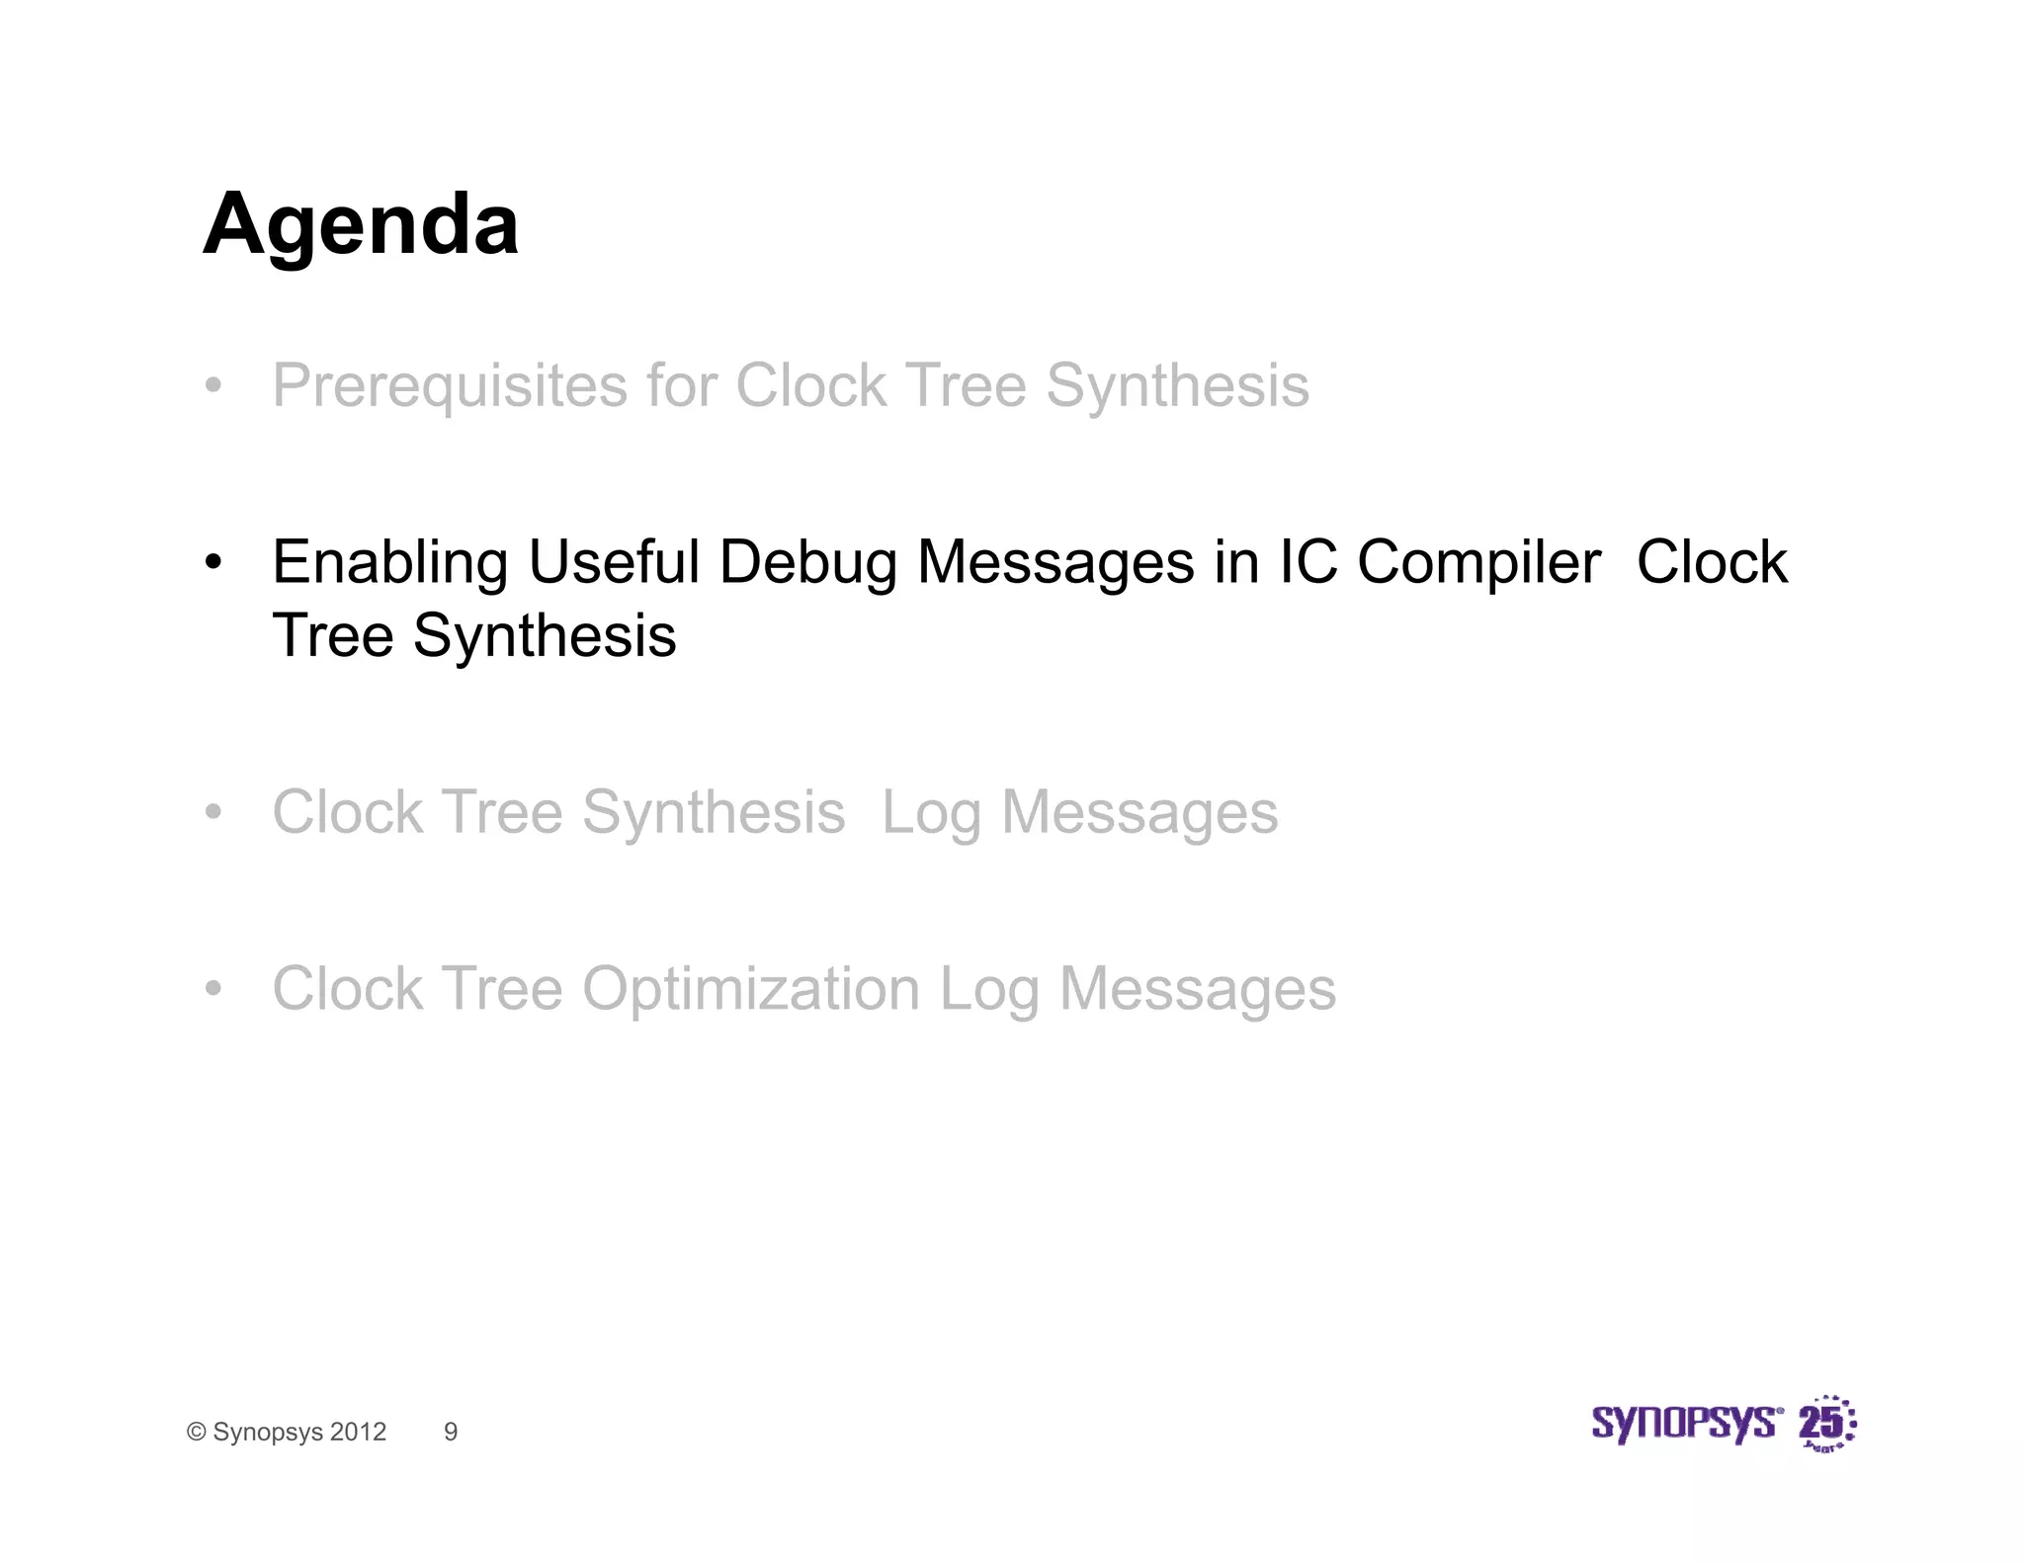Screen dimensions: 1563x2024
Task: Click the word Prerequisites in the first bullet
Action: click(x=450, y=386)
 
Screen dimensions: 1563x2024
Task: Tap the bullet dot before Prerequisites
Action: click(x=213, y=386)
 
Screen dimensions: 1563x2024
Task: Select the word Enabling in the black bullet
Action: click(x=389, y=563)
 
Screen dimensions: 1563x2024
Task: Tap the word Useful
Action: click(x=614, y=563)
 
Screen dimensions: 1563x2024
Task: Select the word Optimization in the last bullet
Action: click(x=750, y=989)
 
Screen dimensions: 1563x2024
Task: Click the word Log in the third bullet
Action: click(x=930, y=814)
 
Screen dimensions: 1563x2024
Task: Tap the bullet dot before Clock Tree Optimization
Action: click(x=213, y=989)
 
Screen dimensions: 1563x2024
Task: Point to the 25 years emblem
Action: click(x=1826, y=1424)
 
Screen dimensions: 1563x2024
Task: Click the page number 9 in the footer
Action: click(x=451, y=1432)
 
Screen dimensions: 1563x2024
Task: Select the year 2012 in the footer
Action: click(x=358, y=1432)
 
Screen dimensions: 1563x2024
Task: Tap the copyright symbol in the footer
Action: click(x=197, y=1433)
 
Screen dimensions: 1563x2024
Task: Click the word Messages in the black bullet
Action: click(x=1055, y=563)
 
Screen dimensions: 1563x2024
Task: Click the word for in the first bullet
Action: click(x=681, y=386)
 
